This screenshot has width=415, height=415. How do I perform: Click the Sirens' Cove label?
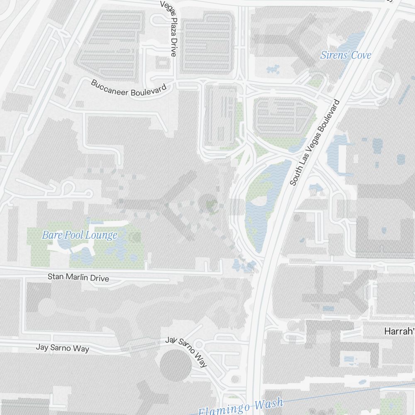pos(345,55)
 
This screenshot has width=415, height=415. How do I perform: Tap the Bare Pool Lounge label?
pos(80,235)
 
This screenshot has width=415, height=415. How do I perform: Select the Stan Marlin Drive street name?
pos(78,277)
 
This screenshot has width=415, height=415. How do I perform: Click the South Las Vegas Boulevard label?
pos(315,142)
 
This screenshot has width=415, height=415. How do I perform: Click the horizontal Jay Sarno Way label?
pos(62,348)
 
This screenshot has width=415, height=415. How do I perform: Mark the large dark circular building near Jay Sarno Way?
pos(176,366)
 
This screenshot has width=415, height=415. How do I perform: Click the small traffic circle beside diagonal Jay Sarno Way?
pos(198,344)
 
